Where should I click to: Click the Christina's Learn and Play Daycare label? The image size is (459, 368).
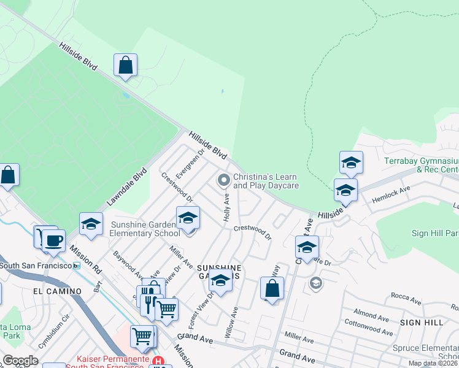click(266, 181)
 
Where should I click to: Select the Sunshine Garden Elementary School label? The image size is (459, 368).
click(145, 229)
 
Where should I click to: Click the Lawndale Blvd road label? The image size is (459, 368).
click(128, 187)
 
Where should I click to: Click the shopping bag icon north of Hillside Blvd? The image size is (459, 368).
click(125, 65)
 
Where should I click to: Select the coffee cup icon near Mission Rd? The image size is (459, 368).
click(53, 240)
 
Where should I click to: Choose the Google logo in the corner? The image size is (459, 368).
click(20, 361)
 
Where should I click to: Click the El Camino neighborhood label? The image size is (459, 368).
click(57, 291)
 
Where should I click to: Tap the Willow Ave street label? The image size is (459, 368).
click(232, 321)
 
